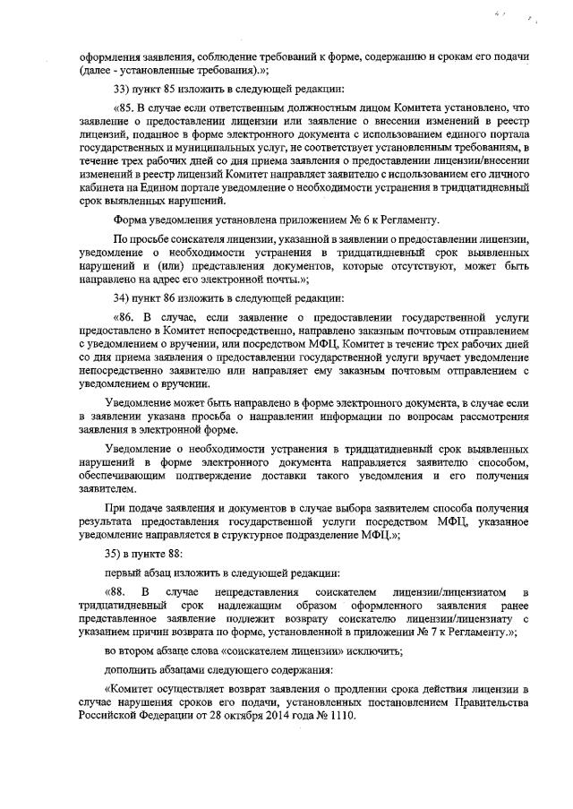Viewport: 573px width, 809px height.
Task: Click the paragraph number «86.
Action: tap(124, 317)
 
